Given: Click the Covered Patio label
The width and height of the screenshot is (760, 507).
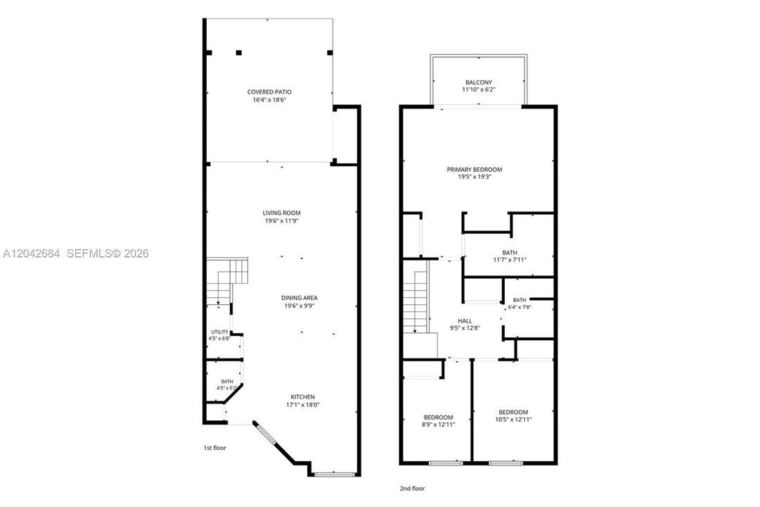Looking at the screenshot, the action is pyautogui.click(x=269, y=92).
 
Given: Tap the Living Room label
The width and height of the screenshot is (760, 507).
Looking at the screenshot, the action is pyautogui.click(x=282, y=213).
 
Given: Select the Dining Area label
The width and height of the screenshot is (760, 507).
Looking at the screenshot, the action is pyautogui.click(x=300, y=298).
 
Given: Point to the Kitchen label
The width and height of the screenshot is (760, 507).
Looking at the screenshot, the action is pyautogui.click(x=303, y=396).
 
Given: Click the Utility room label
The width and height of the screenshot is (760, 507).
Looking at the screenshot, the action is pyautogui.click(x=219, y=332).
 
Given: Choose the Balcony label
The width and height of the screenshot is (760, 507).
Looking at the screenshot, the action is pyautogui.click(x=479, y=82).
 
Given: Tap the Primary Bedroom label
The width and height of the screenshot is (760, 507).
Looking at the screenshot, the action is pyautogui.click(x=475, y=170).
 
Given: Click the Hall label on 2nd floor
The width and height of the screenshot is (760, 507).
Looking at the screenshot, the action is pyautogui.click(x=465, y=321).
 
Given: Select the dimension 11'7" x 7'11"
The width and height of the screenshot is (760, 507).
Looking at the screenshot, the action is pyautogui.click(x=510, y=260).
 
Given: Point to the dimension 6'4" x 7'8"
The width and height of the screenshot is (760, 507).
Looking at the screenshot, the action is pyautogui.click(x=520, y=307).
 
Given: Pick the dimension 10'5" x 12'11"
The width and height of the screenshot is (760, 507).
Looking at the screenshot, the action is pyautogui.click(x=513, y=419).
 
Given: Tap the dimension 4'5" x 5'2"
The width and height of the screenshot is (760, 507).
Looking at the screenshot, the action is pyautogui.click(x=227, y=388).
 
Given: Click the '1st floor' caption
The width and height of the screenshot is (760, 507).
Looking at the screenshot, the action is pyautogui.click(x=214, y=448).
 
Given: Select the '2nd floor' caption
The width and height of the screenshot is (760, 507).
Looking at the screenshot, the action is pyautogui.click(x=413, y=489).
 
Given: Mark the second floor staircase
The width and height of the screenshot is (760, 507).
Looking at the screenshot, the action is pyautogui.click(x=416, y=302).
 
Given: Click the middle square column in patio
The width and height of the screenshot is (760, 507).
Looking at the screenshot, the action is pyautogui.click(x=238, y=52).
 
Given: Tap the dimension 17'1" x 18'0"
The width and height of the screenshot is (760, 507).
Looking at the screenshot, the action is pyautogui.click(x=303, y=404).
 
